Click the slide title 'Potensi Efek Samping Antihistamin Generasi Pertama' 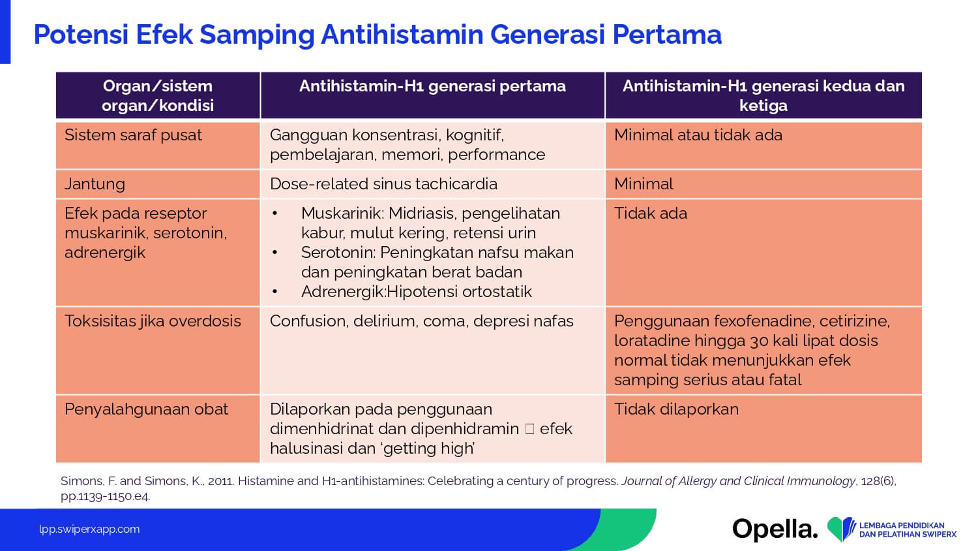click(378, 35)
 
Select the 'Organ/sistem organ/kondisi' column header click(158, 95)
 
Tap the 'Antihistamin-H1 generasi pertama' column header click(432, 86)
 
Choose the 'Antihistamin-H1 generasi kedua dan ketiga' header click(763, 95)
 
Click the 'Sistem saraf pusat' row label click(133, 135)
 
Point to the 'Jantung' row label click(95, 184)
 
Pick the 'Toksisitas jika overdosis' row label click(153, 321)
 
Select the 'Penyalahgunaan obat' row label click(146, 409)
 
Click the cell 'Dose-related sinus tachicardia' click(383, 184)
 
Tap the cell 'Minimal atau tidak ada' click(698, 135)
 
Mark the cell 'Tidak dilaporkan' click(676, 409)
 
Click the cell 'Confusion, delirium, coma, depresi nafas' click(421, 321)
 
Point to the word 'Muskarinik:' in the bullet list click(342, 213)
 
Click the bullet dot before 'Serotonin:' click(274, 253)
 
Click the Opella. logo click(775, 529)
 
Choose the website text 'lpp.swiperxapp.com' click(89, 529)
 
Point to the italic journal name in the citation click(738, 481)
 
